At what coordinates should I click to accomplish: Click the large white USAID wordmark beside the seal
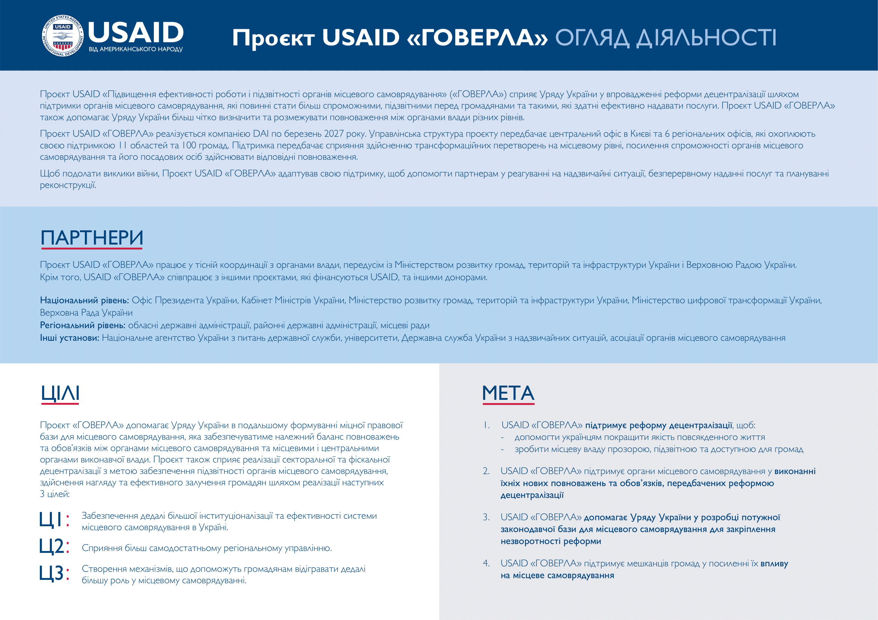[136, 33]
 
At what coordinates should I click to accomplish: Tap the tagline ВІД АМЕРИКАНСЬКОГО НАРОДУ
[136, 49]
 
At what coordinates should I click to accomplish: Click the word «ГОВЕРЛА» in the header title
[477, 38]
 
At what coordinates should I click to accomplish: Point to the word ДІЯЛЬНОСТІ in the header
[706, 38]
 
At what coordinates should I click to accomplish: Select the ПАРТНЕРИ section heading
[92, 238]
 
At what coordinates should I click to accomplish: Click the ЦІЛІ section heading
[60, 393]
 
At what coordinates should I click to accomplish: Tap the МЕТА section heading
[508, 393]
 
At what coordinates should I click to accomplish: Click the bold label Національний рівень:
[84, 300]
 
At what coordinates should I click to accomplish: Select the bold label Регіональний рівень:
[83, 326]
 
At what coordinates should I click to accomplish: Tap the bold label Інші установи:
[69, 338]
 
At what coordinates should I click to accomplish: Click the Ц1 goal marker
[54, 520]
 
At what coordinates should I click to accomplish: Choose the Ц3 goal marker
[54, 573]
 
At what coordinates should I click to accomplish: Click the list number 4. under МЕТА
[486, 563]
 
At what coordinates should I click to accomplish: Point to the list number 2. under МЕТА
[486, 471]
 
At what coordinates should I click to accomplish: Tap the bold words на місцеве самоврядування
[557, 576]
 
